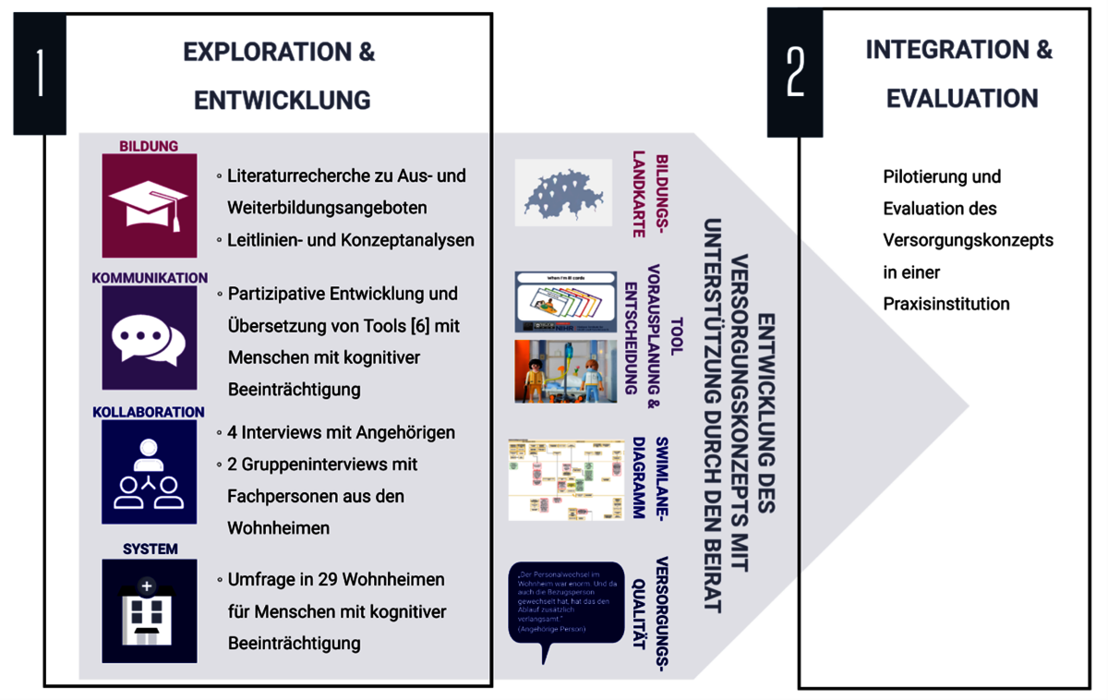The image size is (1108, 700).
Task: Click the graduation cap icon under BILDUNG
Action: point(149,205)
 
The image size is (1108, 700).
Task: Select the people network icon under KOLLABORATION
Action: point(149,473)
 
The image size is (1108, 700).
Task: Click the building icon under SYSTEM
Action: point(149,609)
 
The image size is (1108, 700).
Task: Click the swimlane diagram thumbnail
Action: point(566,480)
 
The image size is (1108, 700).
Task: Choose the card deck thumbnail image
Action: point(565,301)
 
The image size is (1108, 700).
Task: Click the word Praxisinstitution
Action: point(945,304)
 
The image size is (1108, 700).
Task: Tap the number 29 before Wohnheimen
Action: point(324,580)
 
